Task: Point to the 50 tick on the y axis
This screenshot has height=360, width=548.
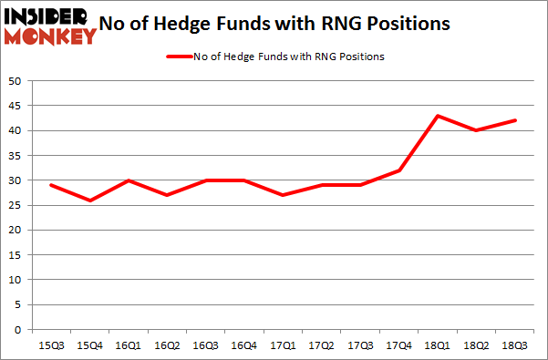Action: [16, 81]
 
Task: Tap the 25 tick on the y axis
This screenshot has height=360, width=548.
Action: [16, 205]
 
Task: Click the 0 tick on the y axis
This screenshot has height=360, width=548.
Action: [18, 330]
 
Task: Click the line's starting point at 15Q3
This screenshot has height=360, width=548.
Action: [50, 185]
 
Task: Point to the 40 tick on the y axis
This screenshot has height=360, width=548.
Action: [16, 130]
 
